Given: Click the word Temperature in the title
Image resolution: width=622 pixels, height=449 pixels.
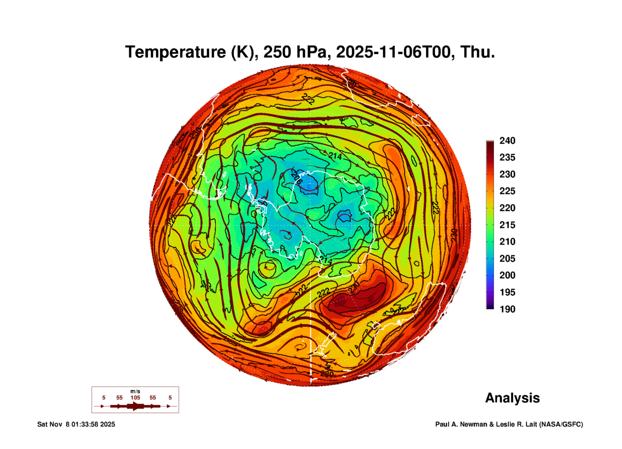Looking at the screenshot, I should click(176, 52).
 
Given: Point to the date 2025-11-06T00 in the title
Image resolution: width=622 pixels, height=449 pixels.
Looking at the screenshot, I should click(393, 52).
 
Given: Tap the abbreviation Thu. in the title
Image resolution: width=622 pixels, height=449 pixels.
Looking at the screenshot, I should click(477, 52).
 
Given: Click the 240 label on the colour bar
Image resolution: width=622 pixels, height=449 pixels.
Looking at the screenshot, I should click(507, 141).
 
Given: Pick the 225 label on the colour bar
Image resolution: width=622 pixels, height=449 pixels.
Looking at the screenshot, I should click(507, 191).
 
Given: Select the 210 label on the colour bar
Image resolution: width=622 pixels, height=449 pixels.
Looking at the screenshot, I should click(507, 242).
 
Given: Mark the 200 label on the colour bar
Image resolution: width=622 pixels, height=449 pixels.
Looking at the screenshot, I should click(507, 275).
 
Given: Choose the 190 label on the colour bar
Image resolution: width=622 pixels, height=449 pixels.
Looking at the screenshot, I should click(507, 309).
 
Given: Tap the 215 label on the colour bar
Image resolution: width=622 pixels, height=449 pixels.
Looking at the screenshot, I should click(507, 225).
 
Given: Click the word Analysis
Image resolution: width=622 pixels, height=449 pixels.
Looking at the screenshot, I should click(512, 398).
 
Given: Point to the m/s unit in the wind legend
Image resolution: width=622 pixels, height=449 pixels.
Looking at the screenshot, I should click(135, 391).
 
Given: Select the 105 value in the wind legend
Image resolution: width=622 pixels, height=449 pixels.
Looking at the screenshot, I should click(135, 398).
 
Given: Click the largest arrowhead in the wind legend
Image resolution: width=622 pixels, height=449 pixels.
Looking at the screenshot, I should click(135, 406).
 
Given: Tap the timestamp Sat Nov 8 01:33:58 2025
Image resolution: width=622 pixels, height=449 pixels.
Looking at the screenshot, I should click(76, 424).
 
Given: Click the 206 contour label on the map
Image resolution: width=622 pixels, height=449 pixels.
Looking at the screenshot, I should click(296, 177).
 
